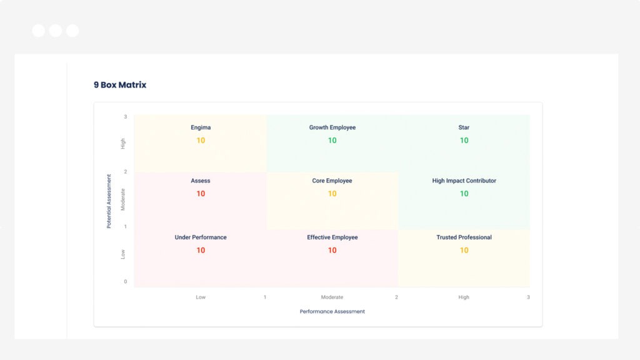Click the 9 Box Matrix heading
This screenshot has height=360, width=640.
(x=120, y=84)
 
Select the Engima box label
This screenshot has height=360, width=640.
(x=201, y=127)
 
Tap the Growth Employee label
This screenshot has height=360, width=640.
(x=332, y=127)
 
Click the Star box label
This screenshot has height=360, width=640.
(x=464, y=127)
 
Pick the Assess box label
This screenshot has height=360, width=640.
(x=201, y=181)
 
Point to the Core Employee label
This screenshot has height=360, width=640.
(x=332, y=181)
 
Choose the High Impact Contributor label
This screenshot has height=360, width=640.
(x=464, y=181)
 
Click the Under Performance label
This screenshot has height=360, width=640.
(x=201, y=237)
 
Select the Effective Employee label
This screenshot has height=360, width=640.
(x=332, y=237)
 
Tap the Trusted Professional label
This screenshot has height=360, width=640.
(x=464, y=237)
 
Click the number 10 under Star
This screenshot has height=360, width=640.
(x=464, y=141)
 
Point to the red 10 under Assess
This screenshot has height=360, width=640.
(x=201, y=194)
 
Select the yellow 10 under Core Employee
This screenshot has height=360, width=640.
(x=332, y=194)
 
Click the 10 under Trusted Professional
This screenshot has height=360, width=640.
(x=464, y=251)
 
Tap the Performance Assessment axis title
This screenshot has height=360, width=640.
(x=332, y=311)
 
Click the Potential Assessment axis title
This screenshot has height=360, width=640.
(x=109, y=201)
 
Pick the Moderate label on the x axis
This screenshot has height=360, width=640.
(x=332, y=297)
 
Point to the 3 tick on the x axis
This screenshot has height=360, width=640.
(x=528, y=297)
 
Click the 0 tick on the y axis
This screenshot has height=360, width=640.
(x=125, y=282)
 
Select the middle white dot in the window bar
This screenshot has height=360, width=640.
(x=56, y=31)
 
